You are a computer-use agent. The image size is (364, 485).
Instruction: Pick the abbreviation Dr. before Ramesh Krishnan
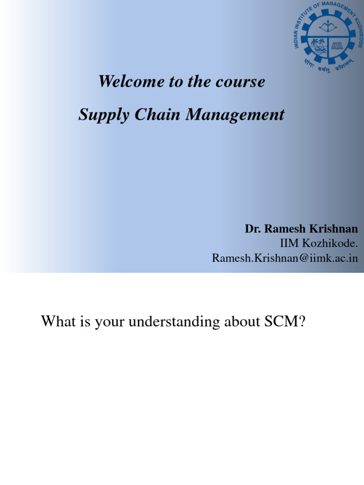253,229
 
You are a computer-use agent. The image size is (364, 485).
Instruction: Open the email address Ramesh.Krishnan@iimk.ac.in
284,258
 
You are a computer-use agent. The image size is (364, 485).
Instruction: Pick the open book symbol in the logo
337,46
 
